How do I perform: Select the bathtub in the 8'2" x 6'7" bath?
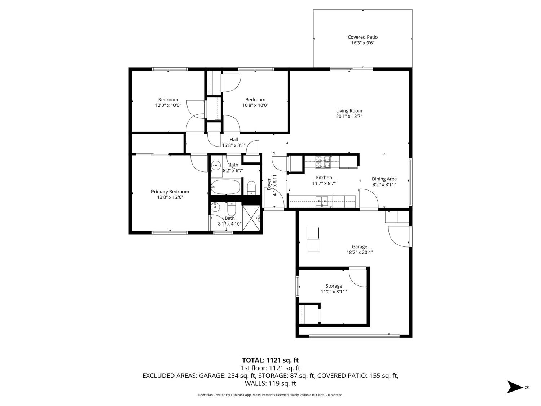click(226, 187)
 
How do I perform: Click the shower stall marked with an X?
click(251, 218)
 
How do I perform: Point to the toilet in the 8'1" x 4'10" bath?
click(232, 208)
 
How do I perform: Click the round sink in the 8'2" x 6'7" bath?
click(216, 166)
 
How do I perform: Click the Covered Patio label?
click(362, 37)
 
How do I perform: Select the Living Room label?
click(349, 111)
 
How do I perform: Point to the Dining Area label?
click(384, 179)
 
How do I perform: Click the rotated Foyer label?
click(269, 184)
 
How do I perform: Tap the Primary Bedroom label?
click(170, 192)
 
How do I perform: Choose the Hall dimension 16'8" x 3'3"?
click(234, 145)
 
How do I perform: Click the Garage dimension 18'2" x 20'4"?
click(359, 253)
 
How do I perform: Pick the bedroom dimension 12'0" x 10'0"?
click(168, 105)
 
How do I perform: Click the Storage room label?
click(334, 286)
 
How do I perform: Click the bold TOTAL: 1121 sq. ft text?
click(270, 360)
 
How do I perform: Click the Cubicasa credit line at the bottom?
click(270, 395)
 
